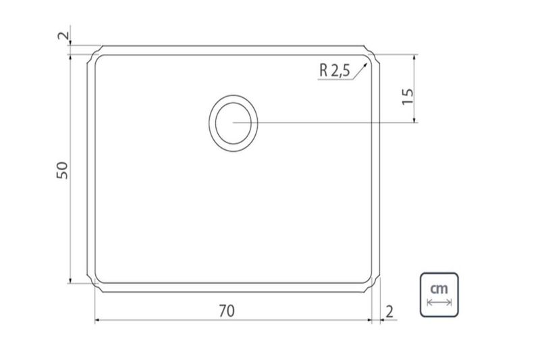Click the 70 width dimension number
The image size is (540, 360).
pos(227,311)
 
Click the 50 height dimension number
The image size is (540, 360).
pos(62,170)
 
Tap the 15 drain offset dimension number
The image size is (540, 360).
pos(408,97)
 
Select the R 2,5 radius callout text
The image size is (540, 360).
pos(334,70)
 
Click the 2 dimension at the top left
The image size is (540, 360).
pos(63,36)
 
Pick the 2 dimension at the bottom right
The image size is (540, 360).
pos(389,312)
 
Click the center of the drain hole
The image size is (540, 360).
pos(233,123)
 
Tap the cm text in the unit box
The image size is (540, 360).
pos(439,288)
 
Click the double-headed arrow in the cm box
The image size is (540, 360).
pos(439,303)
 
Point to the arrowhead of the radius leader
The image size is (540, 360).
pos(365,65)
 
